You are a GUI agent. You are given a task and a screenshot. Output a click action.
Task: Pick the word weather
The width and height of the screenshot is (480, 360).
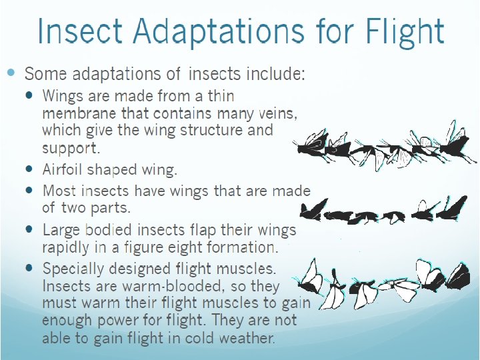tap(243, 337)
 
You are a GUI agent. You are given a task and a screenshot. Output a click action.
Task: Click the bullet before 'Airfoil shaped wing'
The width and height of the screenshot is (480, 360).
tap(29, 169)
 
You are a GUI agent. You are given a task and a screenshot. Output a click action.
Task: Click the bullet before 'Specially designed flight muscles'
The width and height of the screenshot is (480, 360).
tap(29, 267)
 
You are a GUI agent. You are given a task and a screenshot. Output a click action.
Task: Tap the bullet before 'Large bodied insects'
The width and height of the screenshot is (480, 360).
tap(29, 229)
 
